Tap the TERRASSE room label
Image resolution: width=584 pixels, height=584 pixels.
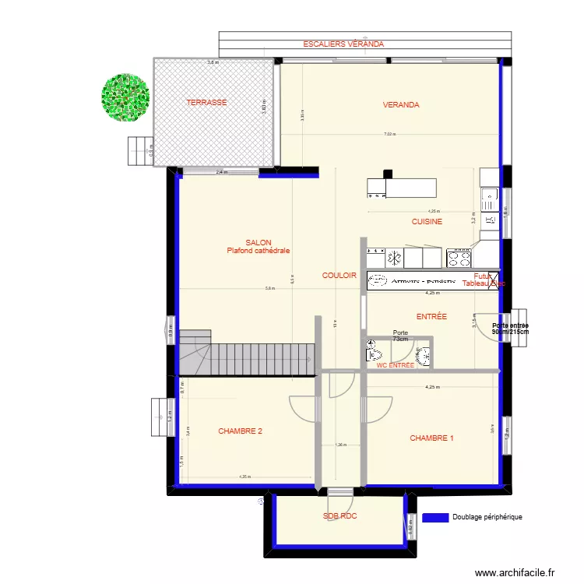(x=206, y=103)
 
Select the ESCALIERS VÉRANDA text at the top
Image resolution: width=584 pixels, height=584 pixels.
(x=343, y=44)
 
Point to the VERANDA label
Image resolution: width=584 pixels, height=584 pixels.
(x=400, y=105)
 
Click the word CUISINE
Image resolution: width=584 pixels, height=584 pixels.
(x=427, y=222)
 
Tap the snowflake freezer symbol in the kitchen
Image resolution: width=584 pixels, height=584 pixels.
(x=394, y=257)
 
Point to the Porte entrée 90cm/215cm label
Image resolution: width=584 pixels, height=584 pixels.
(x=510, y=329)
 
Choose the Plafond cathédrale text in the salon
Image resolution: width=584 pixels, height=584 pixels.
(x=258, y=251)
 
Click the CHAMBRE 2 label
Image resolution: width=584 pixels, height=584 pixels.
(x=240, y=431)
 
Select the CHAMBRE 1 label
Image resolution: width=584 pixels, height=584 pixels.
(x=431, y=438)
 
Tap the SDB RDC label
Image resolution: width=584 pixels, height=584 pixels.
(x=339, y=516)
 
